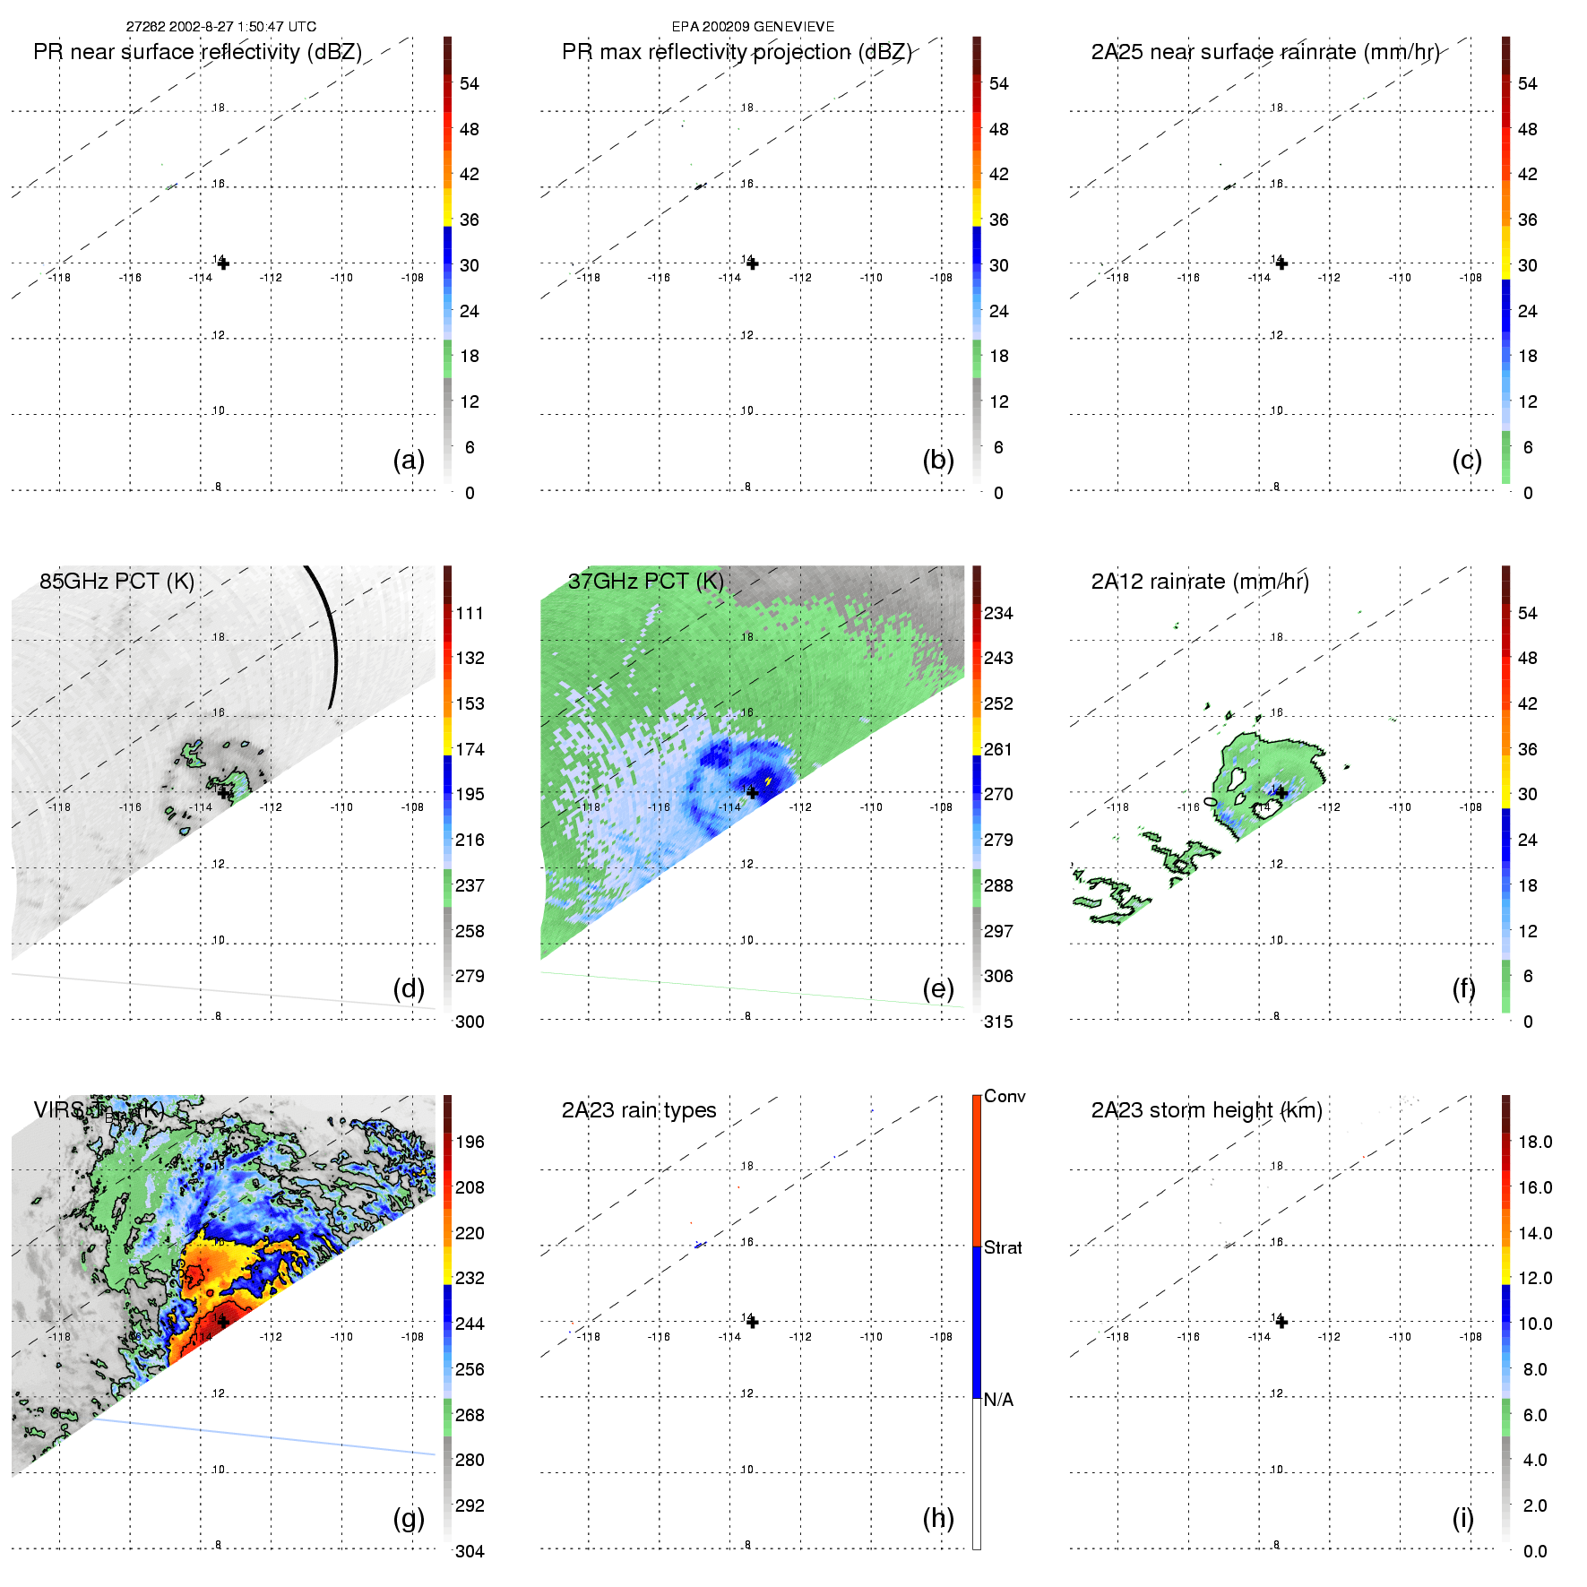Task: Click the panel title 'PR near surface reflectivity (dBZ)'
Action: (197, 52)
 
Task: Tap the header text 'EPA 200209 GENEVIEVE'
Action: (753, 27)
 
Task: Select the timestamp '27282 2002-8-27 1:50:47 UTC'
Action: (221, 27)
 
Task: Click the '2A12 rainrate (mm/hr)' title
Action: (1200, 582)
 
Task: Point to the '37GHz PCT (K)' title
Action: (645, 582)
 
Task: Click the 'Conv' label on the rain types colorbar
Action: (1005, 1096)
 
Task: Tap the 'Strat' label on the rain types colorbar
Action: (1003, 1247)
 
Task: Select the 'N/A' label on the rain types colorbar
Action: (998, 1400)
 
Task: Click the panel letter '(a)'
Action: (409, 460)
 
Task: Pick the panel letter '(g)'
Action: (409, 1518)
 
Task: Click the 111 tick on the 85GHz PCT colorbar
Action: (470, 613)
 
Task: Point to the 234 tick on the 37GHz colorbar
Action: (998, 613)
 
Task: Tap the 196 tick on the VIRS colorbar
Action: (470, 1142)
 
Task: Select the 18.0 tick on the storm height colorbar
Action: (1534, 1142)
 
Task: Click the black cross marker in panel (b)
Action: (753, 263)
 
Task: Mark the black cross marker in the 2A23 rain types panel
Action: (753, 1322)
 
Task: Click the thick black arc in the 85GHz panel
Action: (330, 636)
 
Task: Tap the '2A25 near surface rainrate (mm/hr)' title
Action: (1264, 52)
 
